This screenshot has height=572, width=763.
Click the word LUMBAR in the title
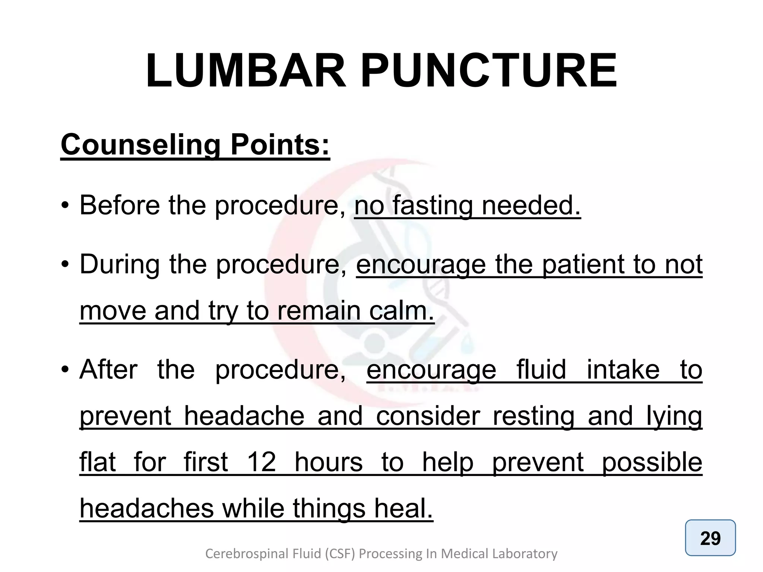pyautogui.click(x=246, y=71)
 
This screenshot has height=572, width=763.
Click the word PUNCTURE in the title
pyautogui.click(x=489, y=71)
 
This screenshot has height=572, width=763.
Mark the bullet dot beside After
pyautogui.click(x=65, y=370)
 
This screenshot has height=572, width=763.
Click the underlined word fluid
pyautogui.click(x=541, y=369)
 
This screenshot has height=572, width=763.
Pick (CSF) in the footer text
pyautogui.click(x=341, y=554)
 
